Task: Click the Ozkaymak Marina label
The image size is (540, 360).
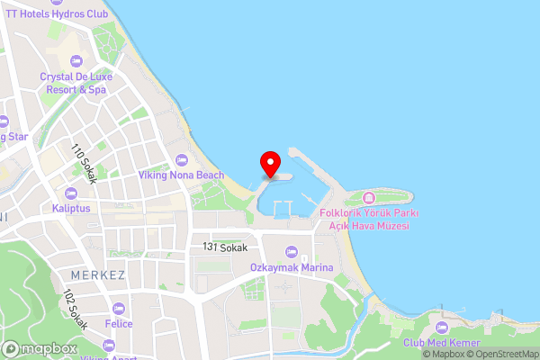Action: pos(292,267)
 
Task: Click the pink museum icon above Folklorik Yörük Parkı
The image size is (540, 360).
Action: pos(367,198)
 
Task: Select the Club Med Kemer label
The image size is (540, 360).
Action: pos(441,343)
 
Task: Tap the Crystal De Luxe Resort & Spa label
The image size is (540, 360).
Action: pos(74,83)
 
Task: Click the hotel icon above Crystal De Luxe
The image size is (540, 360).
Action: pos(74,60)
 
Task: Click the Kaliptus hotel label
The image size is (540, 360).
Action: pos(71,208)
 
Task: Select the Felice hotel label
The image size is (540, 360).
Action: pos(119,323)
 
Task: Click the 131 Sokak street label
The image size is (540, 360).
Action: pos(225,247)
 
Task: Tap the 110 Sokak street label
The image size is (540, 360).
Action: pos(85,163)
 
